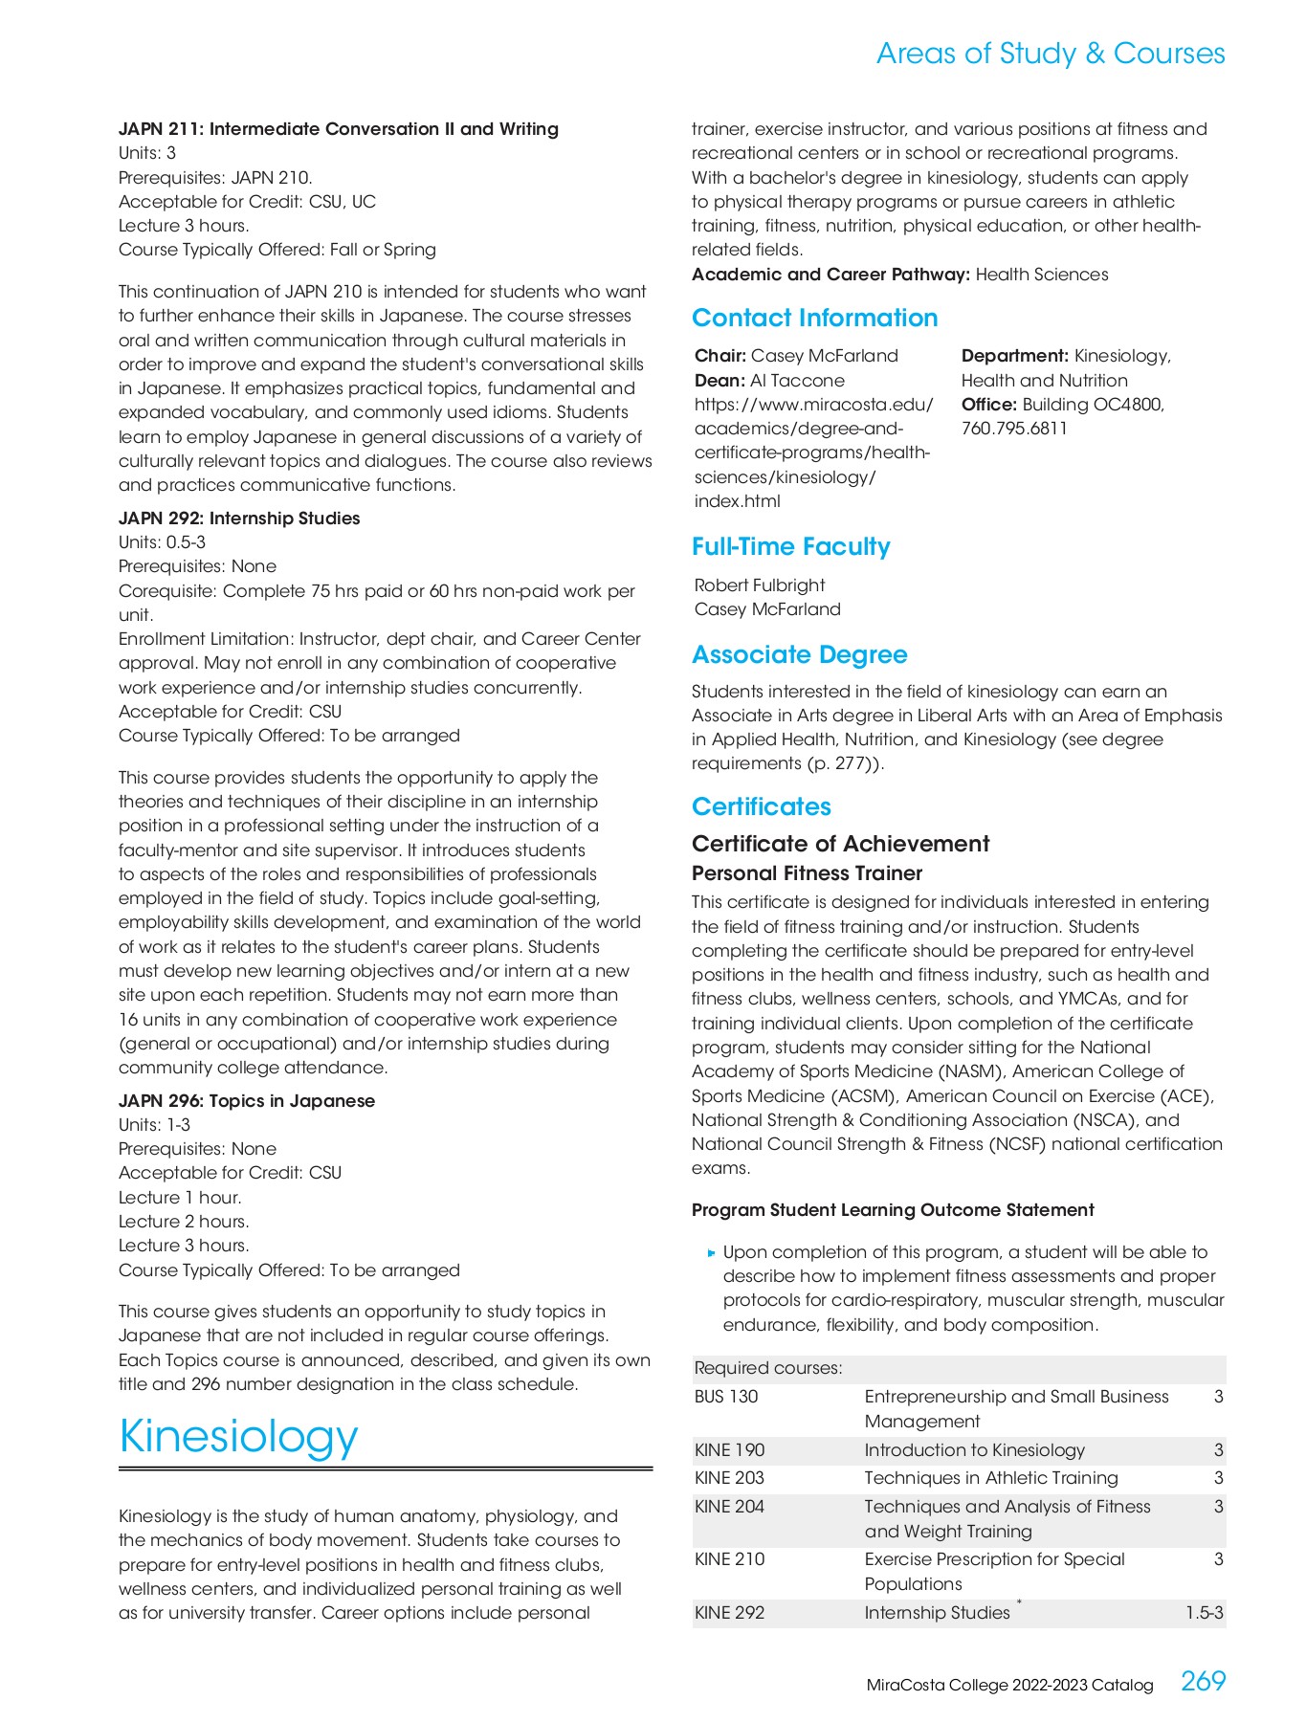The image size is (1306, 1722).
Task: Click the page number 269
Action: tap(1203, 1681)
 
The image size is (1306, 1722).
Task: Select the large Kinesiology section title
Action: tap(238, 1436)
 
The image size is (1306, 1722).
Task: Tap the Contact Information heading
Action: tap(814, 318)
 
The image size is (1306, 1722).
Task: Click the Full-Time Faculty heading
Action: tap(790, 546)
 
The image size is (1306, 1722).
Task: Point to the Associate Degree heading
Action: tap(799, 654)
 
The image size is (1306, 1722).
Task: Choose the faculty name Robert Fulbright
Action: tap(759, 585)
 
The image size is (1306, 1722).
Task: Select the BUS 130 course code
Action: tap(725, 1397)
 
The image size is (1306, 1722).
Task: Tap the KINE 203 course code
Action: tap(729, 1478)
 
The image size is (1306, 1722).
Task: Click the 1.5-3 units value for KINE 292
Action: tap(1204, 1613)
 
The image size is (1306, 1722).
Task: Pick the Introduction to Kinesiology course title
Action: tap(974, 1450)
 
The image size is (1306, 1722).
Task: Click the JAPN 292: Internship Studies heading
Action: tap(239, 518)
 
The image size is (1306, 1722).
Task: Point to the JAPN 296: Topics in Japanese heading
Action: tap(246, 1100)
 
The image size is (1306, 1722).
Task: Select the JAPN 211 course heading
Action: tap(338, 128)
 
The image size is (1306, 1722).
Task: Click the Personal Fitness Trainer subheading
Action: tap(807, 872)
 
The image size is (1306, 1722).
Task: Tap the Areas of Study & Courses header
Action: tap(1050, 54)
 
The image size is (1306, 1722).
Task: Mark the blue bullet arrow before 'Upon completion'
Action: tap(711, 1252)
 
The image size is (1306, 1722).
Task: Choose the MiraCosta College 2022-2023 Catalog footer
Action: tap(1009, 1685)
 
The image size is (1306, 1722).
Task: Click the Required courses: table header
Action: tap(768, 1368)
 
